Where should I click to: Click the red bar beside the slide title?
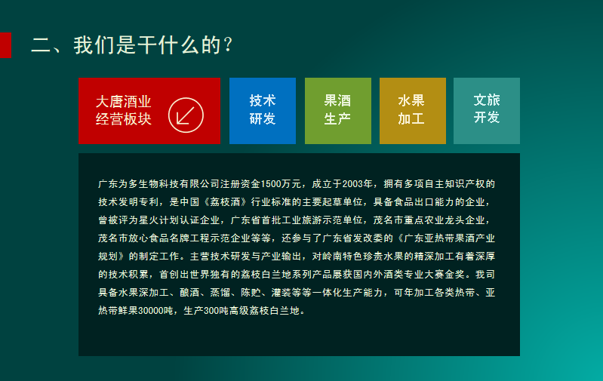(x=5, y=45)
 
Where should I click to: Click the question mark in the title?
(x=228, y=45)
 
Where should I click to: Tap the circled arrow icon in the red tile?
(x=186, y=115)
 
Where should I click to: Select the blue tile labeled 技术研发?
(x=263, y=111)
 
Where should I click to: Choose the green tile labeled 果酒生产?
(x=338, y=111)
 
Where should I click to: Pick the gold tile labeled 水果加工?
(x=413, y=111)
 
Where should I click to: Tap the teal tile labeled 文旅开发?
(x=487, y=111)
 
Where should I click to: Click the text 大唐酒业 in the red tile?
(x=124, y=102)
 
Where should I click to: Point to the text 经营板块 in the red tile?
(x=124, y=119)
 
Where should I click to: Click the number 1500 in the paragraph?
(x=271, y=184)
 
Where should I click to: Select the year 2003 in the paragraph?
(x=352, y=184)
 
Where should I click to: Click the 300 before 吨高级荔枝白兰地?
(x=211, y=311)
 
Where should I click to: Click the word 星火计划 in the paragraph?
(x=158, y=220)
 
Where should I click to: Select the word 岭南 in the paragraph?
(x=332, y=257)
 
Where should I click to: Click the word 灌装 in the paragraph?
(x=281, y=293)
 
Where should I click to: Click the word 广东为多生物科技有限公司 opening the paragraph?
(x=158, y=184)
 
